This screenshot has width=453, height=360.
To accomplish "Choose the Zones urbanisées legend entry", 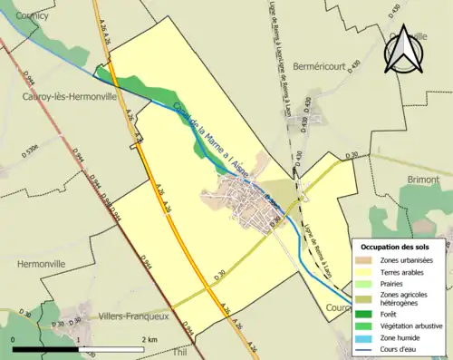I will pyautogui.click(x=406, y=260).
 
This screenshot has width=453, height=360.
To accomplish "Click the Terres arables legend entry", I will pyautogui.click(x=402, y=271).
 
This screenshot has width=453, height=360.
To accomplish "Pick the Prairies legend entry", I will pyautogui.click(x=393, y=283).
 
